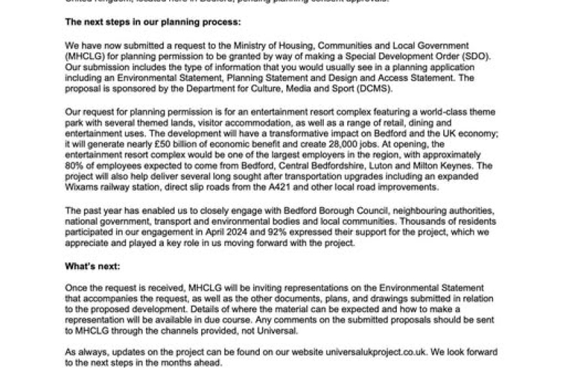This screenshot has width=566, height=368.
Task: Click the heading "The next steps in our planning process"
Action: [x=153, y=22]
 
